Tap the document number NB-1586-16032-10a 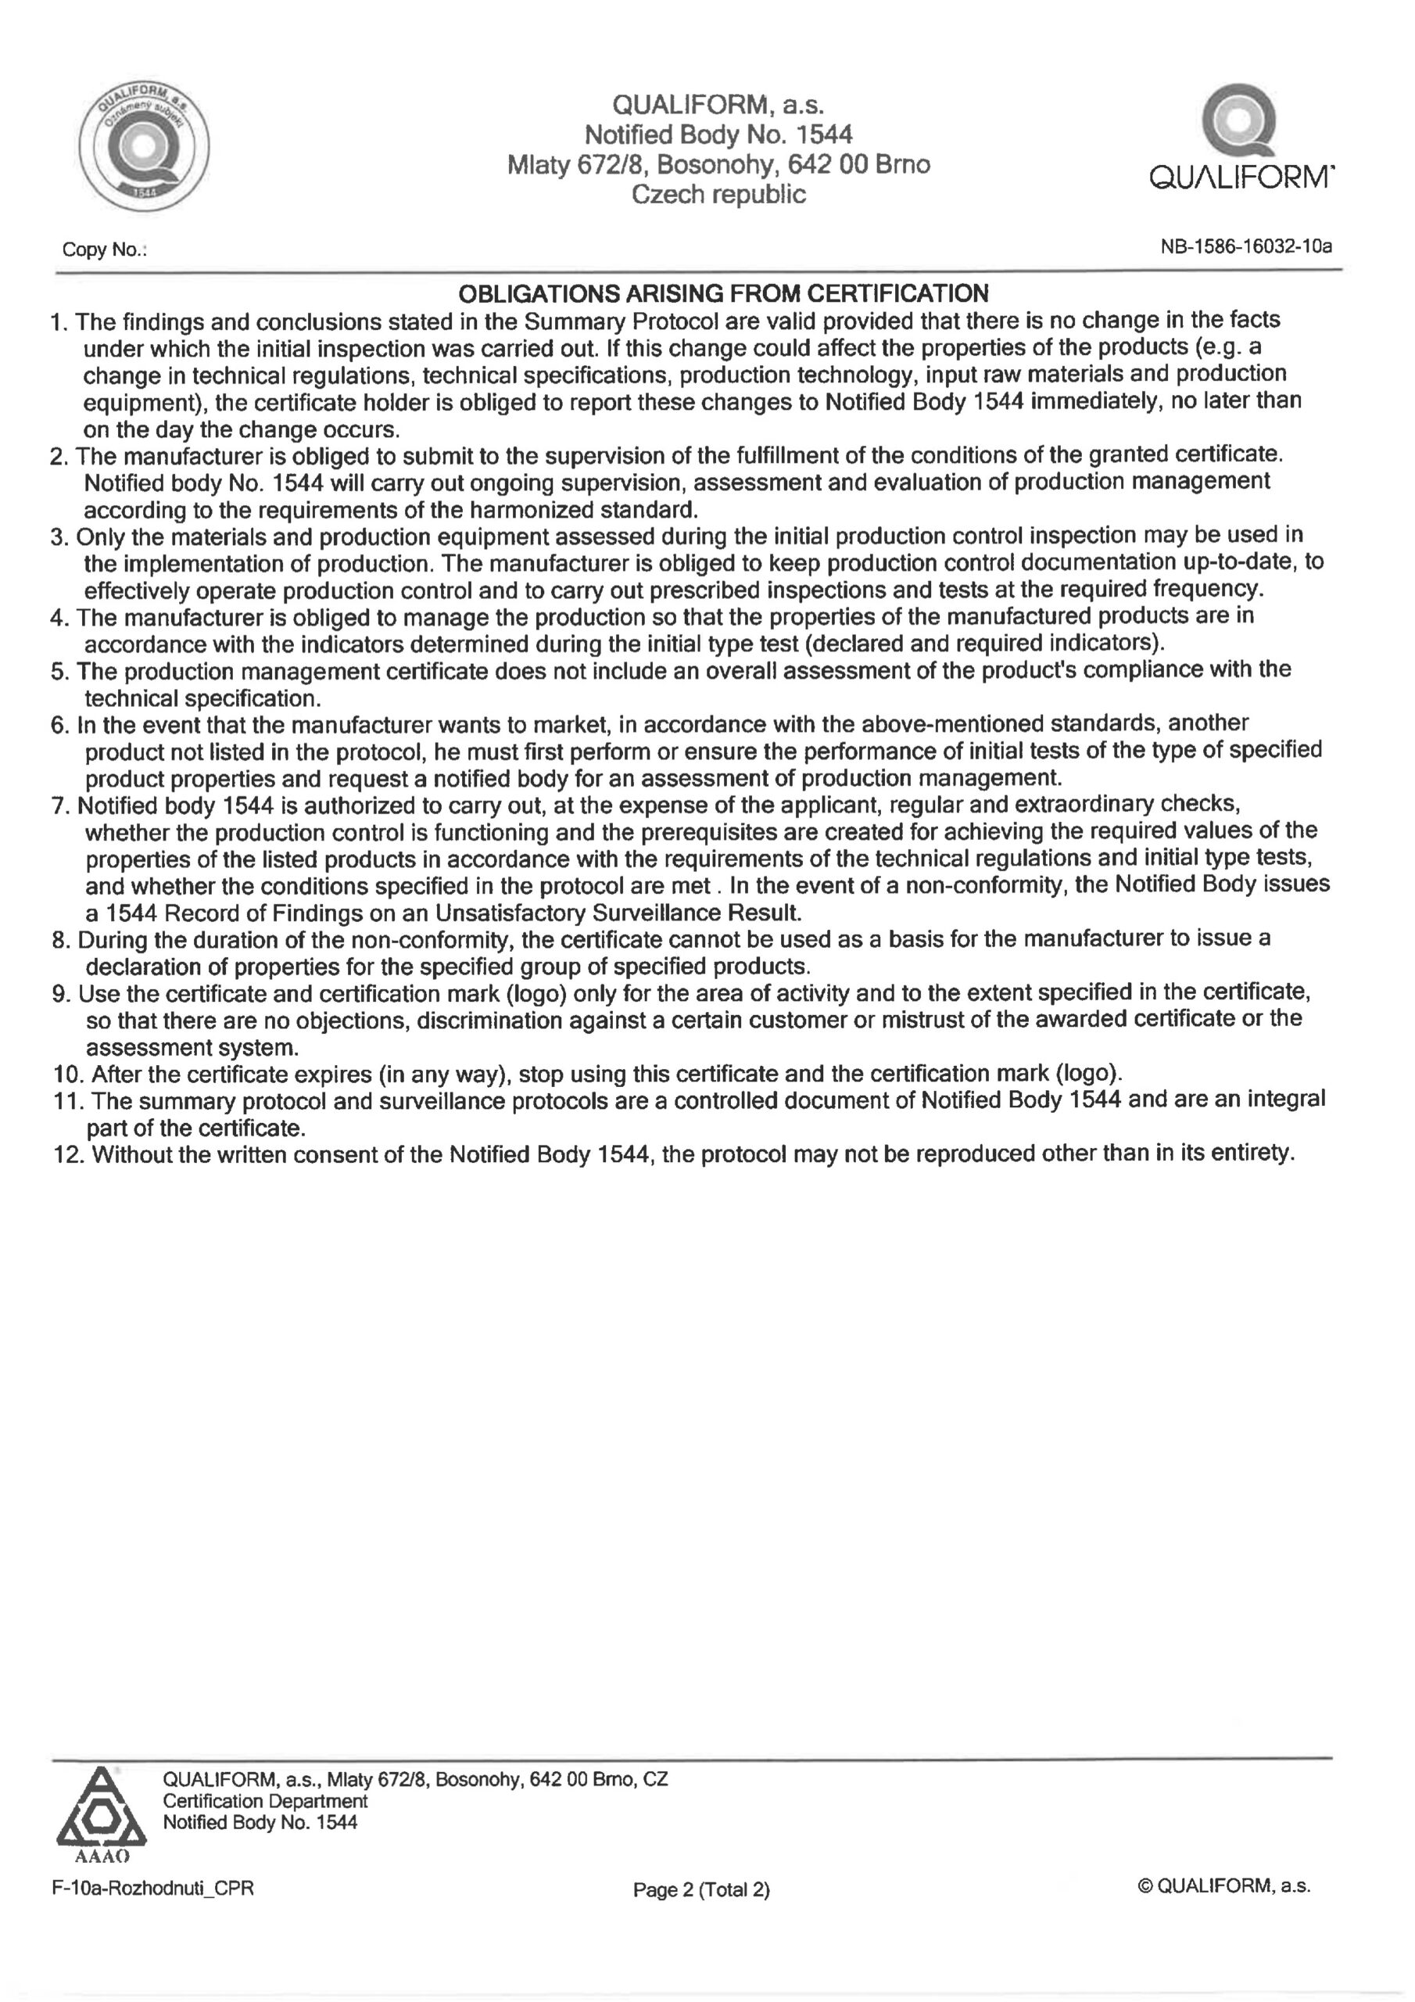(x=1246, y=247)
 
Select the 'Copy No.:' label (x=104, y=250)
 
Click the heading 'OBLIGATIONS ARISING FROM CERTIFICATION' (x=723, y=293)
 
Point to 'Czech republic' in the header (x=718, y=195)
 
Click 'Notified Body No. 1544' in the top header (x=718, y=135)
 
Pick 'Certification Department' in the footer (x=265, y=1800)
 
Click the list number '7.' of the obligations (x=60, y=805)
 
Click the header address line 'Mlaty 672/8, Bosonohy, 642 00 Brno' (x=718, y=165)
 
